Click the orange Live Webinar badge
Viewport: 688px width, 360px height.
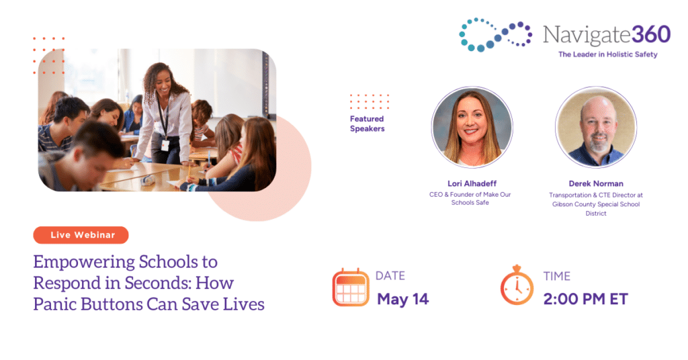pyautogui.click(x=81, y=235)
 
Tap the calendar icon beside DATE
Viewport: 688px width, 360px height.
pyautogui.click(x=351, y=287)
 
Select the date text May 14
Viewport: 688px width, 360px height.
pyautogui.click(x=403, y=299)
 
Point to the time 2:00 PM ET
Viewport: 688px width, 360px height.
pyautogui.click(x=585, y=299)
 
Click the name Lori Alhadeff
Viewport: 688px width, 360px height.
pyautogui.click(x=472, y=183)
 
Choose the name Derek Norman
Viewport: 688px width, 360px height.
pyautogui.click(x=596, y=183)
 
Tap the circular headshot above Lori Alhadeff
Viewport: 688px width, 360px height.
pyautogui.click(x=472, y=127)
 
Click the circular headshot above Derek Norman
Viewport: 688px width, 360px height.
pyautogui.click(x=596, y=127)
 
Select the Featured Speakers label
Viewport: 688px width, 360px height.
pyautogui.click(x=368, y=124)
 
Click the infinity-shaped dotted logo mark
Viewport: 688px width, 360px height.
pyautogui.click(x=495, y=35)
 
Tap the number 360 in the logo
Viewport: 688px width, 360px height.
pyautogui.click(x=651, y=34)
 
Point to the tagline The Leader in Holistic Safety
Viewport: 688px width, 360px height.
pyautogui.click(x=607, y=54)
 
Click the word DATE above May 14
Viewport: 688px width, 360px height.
pyautogui.click(x=390, y=276)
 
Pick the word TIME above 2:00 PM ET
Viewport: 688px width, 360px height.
pyautogui.click(x=557, y=276)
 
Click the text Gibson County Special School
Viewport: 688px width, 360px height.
pyautogui.click(x=596, y=204)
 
